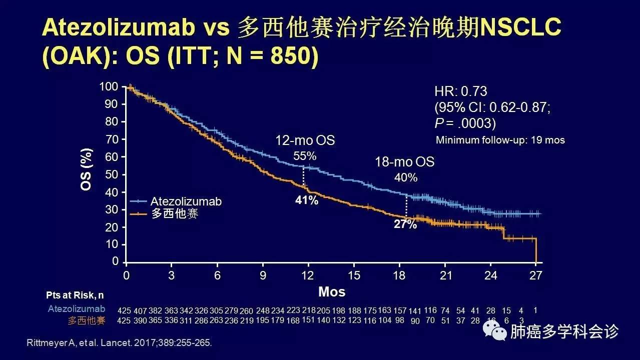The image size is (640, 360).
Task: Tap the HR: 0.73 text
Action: (461, 91)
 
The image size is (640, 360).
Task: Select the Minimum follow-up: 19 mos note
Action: (500, 140)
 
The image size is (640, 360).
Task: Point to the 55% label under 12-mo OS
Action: (305, 156)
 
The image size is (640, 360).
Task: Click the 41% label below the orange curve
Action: (306, 200)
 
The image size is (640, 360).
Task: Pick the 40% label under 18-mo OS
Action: (405, 177)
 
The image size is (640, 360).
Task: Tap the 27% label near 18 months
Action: (405, 224)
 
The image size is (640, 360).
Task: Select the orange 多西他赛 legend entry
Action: (171, 214)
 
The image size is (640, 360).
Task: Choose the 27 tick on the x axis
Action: (536, 275)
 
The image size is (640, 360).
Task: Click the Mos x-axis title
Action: (332, 291)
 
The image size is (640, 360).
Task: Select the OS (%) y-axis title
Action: (87, 169)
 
